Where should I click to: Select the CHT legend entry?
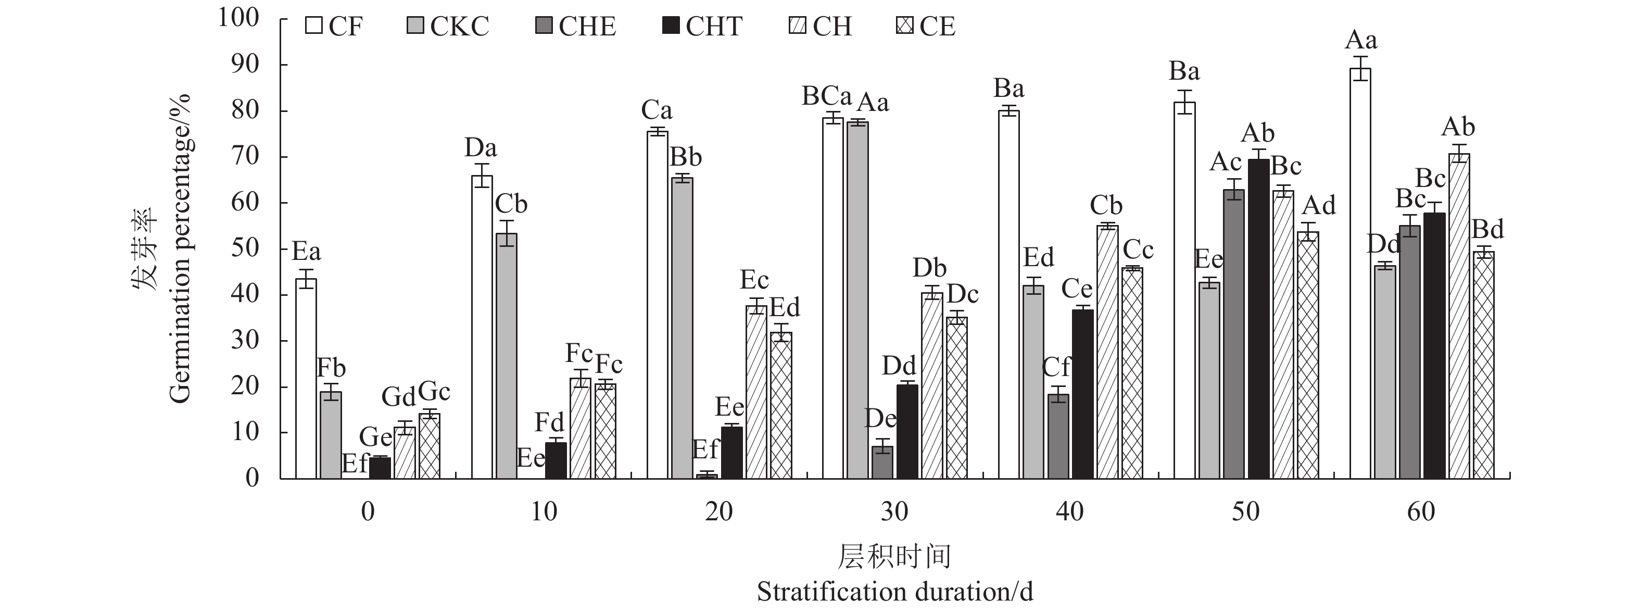[x=702, y=27]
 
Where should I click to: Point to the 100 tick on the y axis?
[x=239, y=17]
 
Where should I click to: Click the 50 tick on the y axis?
[x=246, y=248]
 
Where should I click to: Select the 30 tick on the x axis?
[x=894, y=511]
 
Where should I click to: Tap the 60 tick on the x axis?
[x=1420, y=511]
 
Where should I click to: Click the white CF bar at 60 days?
[x=1360, y=274]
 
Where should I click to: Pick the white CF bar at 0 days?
[x=306, y=379]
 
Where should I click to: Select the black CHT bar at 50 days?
[x=1259, y=318]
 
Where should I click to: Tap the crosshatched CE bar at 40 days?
[x=1132, y=373]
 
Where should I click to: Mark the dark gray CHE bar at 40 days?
[x=1058, y=436]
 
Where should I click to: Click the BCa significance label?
[x=826, y=96]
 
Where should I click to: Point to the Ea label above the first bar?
[x=306, y=252]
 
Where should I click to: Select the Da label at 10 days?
[x=481, y=148]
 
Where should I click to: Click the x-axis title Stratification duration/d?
[x=894, y=592]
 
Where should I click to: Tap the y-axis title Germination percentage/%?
[x=180, y=248]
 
